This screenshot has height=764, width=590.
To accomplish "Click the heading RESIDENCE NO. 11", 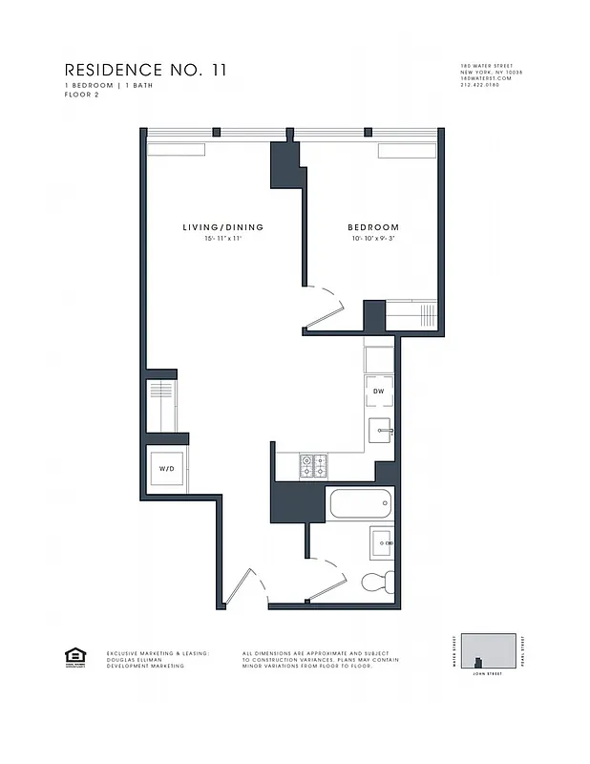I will pyautogui.click(x=145, y=70).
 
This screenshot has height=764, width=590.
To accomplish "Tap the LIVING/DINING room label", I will pyautogui.click(x=222, y=227).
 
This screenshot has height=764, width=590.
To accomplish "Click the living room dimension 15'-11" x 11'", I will pyautogui.click(x=222, y=239).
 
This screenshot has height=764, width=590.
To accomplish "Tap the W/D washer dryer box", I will pyautogui.click(x=166, y=470).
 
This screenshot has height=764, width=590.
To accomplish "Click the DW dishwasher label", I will pyautogui.click(x=378, y=393).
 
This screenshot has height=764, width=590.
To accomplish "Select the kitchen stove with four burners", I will pyautogui.click(x=314, y=466).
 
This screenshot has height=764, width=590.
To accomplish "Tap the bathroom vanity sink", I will pyautogui.click(x=384, y=541).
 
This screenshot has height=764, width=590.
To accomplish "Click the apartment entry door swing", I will pyautogui.click(x=239, y=584).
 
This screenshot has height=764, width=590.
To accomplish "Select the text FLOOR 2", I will pyautogui.click(x=82, y=94).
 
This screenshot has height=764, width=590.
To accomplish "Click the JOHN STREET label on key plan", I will pyautogui.click(x=488, y=674).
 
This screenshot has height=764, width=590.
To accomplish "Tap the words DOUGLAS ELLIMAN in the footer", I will pyautogui.click(x=137, y=659).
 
